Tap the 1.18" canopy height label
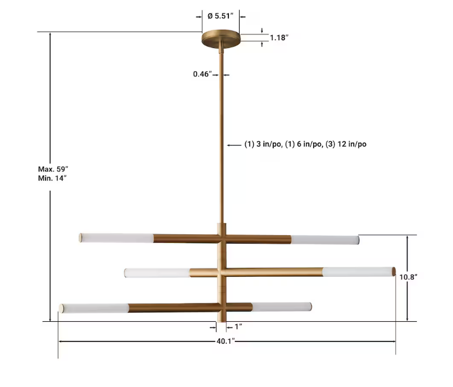pos(279,37)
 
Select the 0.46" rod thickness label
pos(202,74)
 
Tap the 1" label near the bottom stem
pos(238,326)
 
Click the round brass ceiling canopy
pos(221,41)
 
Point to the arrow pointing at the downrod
pos(234,144)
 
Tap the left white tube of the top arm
pos(117,238)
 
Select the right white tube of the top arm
pos(325,240)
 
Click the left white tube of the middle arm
pos(157,273)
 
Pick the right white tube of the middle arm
pos(357,271)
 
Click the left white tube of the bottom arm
pos(94,308)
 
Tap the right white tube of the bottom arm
pos(282,307)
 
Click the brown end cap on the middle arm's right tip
pos(393,271)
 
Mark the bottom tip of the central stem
pos(222,320)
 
